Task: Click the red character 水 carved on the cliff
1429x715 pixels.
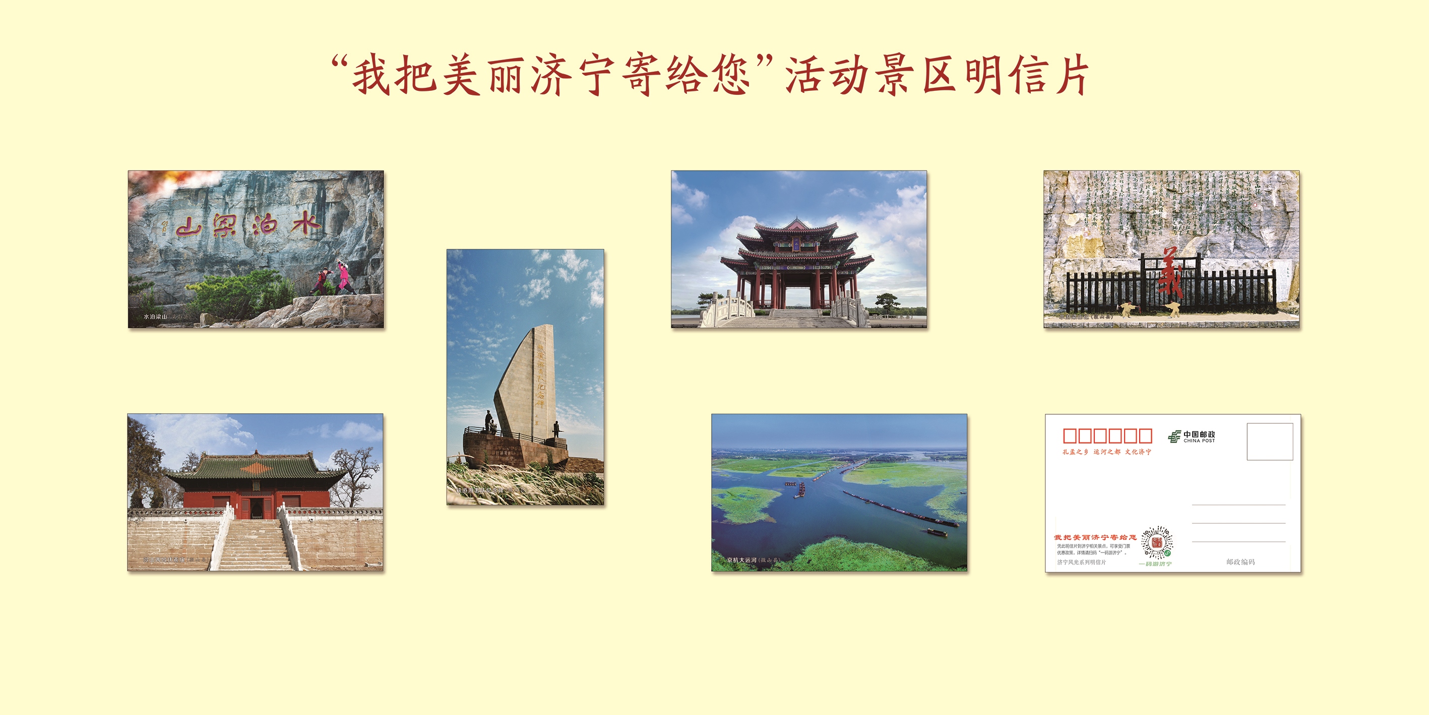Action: [305, 224]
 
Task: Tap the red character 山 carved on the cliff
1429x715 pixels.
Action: [189, 228]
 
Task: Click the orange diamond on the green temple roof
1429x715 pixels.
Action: [256, 469]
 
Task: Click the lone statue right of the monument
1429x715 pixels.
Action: [556, 429]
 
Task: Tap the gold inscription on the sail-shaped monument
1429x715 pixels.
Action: [540, 377]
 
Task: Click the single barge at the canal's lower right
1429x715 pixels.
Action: [937, 532]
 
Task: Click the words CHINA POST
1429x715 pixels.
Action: [1199, 441]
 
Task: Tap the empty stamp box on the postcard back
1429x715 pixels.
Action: [1270, 442]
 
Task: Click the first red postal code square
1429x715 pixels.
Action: [1070, 436]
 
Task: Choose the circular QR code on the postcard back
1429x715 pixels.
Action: [1157, 542]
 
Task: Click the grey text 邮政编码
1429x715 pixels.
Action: [1240, 562]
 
